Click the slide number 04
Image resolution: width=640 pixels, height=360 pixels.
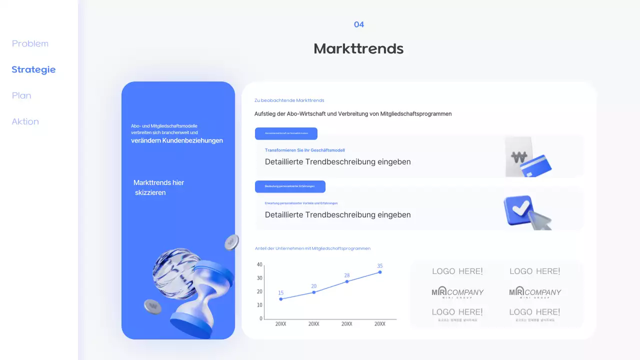358,24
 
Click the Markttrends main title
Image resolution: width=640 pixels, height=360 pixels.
358,49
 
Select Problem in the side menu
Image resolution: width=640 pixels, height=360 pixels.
30,44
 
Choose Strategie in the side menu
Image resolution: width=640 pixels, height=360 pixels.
33,70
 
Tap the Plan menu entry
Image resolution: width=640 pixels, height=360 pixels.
21,96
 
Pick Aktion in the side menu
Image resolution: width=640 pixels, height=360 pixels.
25,122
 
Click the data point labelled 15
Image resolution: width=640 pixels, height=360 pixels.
281,299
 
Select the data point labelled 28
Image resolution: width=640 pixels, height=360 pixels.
347,281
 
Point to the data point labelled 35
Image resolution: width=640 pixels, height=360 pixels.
380,272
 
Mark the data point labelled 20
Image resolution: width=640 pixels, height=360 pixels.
314,292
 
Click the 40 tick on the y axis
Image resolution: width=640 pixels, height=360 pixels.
259,264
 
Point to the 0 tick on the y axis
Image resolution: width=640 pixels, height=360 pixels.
261,318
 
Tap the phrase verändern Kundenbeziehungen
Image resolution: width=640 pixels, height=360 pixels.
177,141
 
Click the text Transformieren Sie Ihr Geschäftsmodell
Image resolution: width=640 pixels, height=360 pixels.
305,150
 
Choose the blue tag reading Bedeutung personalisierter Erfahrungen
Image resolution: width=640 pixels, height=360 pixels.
290,186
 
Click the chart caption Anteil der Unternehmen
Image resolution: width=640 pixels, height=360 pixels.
312,248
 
